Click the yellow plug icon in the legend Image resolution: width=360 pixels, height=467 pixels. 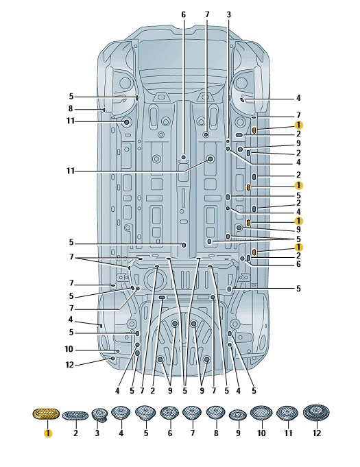click(x=46, y=414)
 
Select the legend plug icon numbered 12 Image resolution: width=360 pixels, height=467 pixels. click(x=316, y=413)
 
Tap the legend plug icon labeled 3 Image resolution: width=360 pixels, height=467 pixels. click(x=99, y=415)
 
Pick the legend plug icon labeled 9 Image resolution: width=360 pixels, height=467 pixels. click(x=238, y=415)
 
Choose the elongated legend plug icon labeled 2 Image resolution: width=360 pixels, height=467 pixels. click(x=75, y=416)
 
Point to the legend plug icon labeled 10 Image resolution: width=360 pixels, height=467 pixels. click(x=261, y=413)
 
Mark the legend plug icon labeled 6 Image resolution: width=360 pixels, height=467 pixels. click(x=169, y=413)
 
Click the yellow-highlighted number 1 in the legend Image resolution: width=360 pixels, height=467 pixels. click(x=47, y=433)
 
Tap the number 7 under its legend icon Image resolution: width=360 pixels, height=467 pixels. click(x=193, y=433)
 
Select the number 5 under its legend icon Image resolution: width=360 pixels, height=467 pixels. click(x=146, y=433)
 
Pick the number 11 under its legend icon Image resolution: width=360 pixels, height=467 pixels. click(x=288, y=433)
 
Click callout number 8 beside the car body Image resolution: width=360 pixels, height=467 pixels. click(x=71, y=109)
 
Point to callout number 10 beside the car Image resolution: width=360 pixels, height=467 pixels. click(x=69, y=349)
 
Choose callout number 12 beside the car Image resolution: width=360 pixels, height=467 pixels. click(x=69, y=365)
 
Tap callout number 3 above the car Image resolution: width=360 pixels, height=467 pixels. click(x=228, y=14)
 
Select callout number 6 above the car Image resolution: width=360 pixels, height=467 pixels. click(x=183, y=14)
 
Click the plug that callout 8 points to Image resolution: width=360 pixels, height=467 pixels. click(x=104, y=110)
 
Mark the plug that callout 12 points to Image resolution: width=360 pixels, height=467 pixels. click(x=113, y=358)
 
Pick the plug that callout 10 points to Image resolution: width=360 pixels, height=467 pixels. click(x=118, y=351)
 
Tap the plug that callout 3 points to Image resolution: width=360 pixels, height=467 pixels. click(x=228, y=141)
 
